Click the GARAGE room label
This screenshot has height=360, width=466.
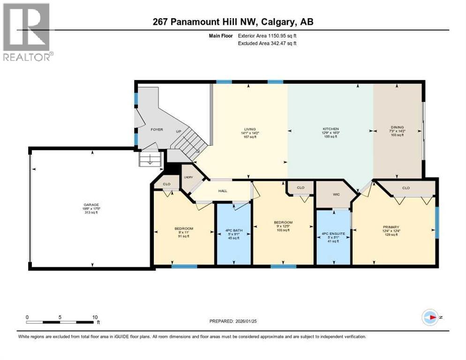click(92, 205)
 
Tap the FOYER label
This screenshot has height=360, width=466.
click(157, 129)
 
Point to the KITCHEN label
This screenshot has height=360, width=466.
click(331, 129)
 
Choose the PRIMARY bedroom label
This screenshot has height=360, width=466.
click(391, 227)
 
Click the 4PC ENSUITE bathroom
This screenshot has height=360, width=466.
click(333, 233)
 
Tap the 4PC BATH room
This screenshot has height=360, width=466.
click(233, 231)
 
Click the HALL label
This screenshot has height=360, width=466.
click(222, 191)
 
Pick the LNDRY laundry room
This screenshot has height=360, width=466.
click(188, 177)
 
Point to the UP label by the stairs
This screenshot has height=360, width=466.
click(179, 131)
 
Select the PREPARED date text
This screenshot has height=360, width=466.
click(233, 321)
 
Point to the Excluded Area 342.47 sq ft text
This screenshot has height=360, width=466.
click(267, 43)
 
